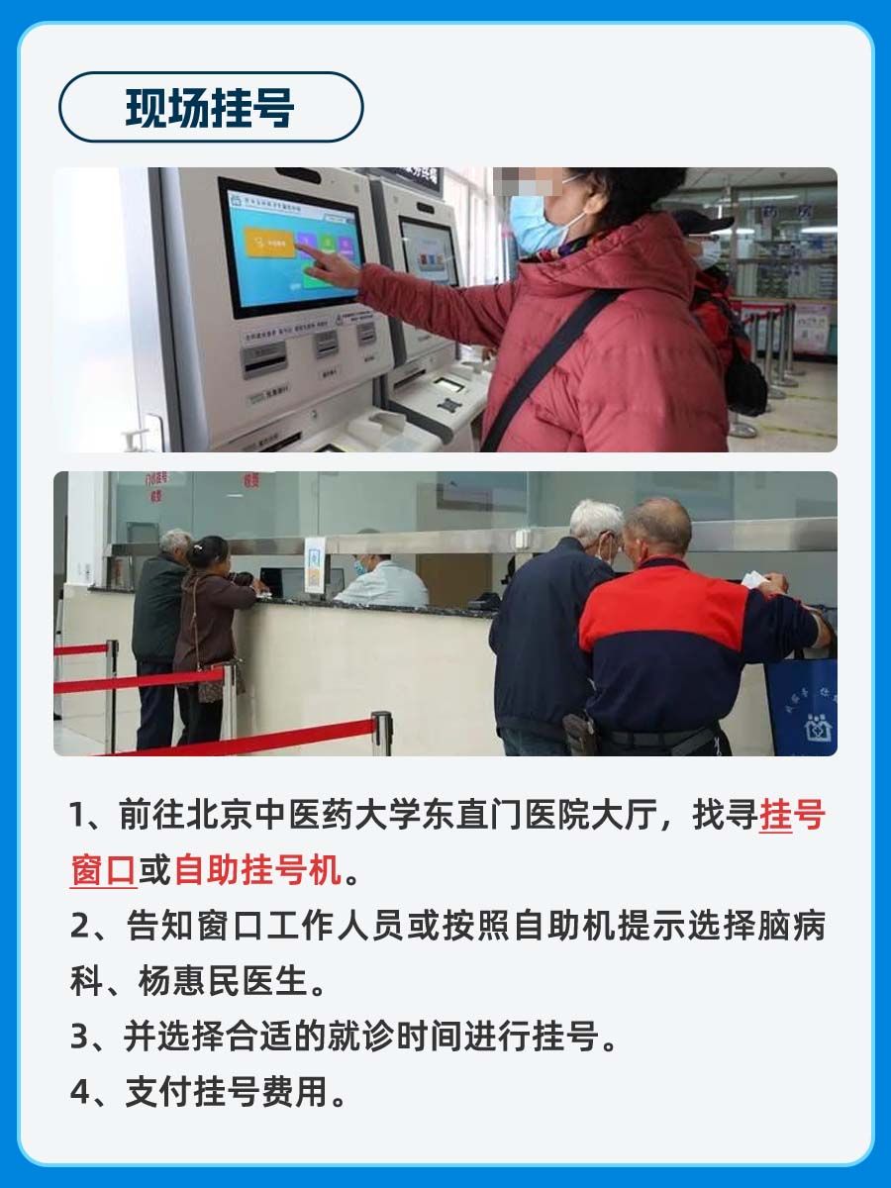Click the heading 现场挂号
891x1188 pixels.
pos(210,107)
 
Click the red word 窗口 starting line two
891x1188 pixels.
pos(102,871)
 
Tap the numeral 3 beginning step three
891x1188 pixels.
pos(80,1037)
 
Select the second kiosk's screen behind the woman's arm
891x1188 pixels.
pos(428,252)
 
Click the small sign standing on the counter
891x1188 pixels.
pos(315,566)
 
